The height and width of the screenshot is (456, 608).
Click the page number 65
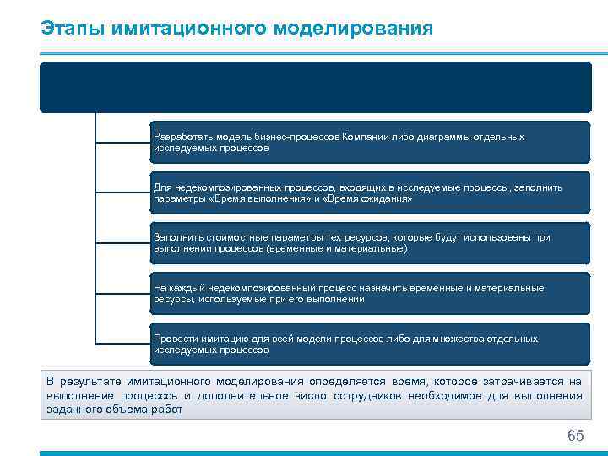575,436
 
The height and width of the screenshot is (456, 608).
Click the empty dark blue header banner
315,87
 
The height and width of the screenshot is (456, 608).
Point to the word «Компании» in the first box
366,137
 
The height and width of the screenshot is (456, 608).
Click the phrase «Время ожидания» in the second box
370,198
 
